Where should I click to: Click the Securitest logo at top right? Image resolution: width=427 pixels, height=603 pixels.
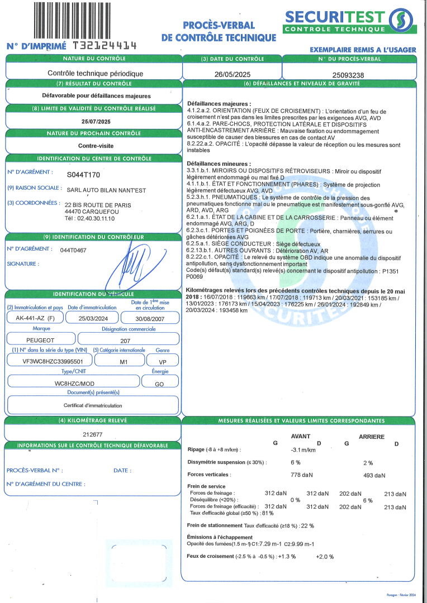(x=349, y=21)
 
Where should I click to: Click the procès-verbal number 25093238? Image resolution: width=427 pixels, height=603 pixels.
(x=349, y=73)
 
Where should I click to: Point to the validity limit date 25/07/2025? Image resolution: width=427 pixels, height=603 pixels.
(x=96, y=121)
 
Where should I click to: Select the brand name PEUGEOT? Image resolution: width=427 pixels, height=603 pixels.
(x=40, y=339)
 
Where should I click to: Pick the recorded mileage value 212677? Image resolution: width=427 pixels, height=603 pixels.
(x=93, y=433)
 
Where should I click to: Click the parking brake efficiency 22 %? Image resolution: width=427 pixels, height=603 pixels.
(x=307, y=525)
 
